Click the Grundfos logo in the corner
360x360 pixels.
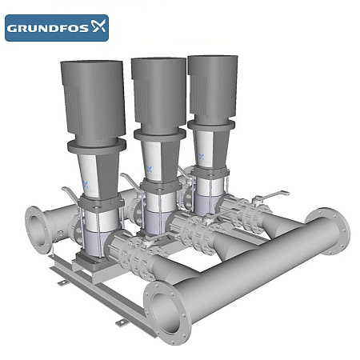pyautogui.click(x=56, y=28)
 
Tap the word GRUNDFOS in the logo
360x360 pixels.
pyautogui.click(x=46, y=29)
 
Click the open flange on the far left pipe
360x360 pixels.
pyautogui.click(x=36, y=229)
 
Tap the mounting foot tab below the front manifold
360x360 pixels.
pyautogui.click(x=122, y=322)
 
